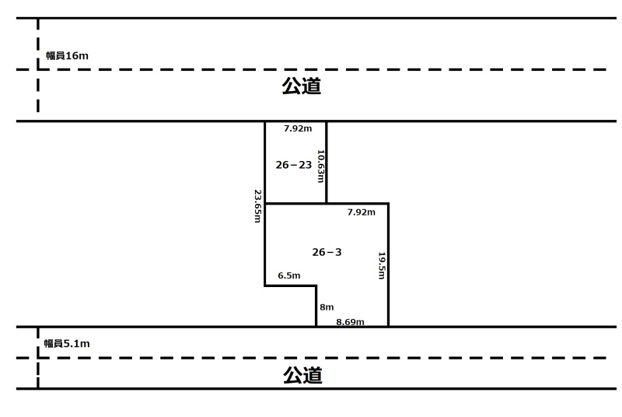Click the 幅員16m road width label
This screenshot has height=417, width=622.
[x=67, y=55]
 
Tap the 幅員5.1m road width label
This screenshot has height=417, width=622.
[x=67, y=344]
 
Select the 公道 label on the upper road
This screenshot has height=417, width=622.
[x=302, y=86]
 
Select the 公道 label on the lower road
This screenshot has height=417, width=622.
[x=302, y=375]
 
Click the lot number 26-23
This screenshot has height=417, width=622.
[x=294, y=165]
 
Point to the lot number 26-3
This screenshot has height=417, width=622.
[x=327, y=252]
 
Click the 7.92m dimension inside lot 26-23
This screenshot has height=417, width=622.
[x=298, y=128]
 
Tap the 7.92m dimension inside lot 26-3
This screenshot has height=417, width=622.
[x=361, y=212]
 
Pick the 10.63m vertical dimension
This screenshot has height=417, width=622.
[x=320, y=166]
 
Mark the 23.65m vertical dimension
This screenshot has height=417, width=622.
[x=257, y=206]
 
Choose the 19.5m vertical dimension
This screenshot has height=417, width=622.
[x=382, y=265]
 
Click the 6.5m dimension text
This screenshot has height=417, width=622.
[x=288, y=275]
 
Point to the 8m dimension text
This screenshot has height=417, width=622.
[x=327, y=307]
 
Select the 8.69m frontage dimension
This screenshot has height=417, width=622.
[x=350, y=322]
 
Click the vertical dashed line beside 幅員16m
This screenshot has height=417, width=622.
[x=38, y=65]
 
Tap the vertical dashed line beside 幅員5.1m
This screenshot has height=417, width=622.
[x=38, y=358]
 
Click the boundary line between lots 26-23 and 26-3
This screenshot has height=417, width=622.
[x=295, y=204]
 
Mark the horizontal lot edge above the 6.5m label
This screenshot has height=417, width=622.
[x=290, y=286]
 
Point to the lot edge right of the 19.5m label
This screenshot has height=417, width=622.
[x=388, y=265]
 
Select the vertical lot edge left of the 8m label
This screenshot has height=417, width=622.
[x=316, y=306]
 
